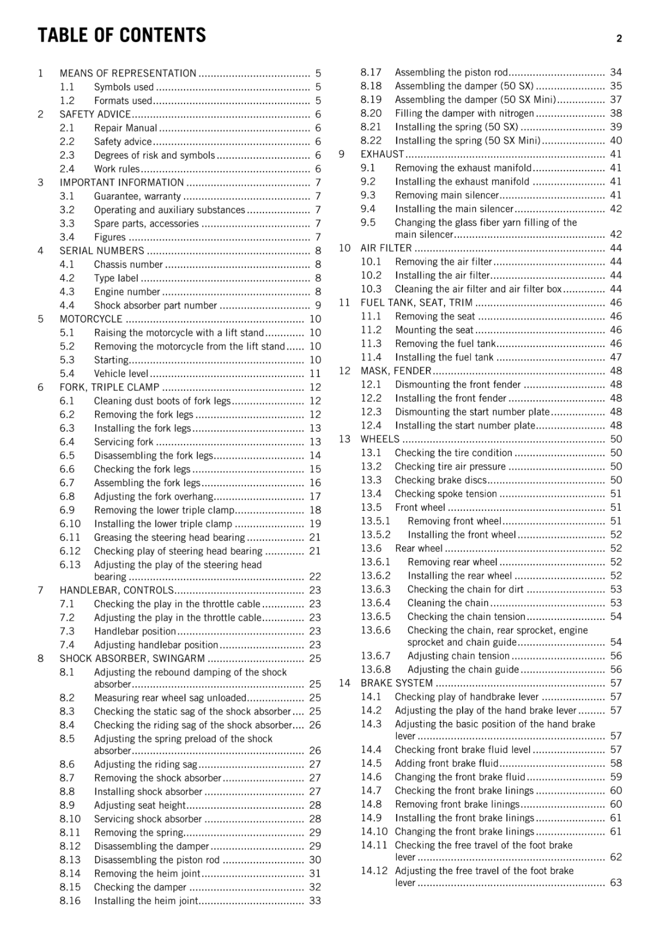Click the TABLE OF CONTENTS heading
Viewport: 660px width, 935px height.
tap(121, 36)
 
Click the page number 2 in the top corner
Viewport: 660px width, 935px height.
tap(619, 39)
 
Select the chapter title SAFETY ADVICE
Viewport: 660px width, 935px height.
tap(95, 115)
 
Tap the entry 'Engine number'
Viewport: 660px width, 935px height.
tap(127, 292)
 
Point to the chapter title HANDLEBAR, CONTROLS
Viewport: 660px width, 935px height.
tap(117, 590)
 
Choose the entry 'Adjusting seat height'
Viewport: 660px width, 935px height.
tap(140, 805)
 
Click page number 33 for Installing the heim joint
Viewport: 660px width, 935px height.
tap(315, 901)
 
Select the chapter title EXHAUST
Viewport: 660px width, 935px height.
tap(382, 154)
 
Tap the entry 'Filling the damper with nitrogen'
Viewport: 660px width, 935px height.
tap(464, 113)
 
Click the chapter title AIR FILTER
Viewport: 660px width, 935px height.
tap(386, 248)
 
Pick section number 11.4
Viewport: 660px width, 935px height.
tap(371, 357)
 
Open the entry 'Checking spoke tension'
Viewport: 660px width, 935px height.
tap(446, 494)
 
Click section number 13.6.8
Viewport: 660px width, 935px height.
tap(376, 670)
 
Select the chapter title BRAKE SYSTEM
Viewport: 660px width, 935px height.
tap(397, 683)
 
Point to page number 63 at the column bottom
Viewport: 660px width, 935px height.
tap(616, 882)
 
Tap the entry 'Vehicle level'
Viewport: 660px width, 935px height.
tap(121, 373)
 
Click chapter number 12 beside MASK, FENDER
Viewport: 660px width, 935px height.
tap(345, 371)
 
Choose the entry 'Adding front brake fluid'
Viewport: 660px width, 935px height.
tap(446, 763)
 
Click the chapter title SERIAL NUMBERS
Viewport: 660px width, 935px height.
tap(102, 251)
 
